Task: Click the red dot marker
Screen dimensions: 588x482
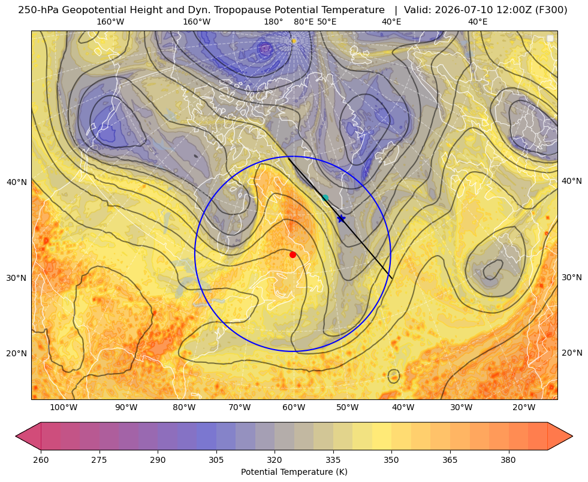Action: (x=293, y=255)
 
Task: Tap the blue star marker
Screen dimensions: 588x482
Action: (x=341, y=219)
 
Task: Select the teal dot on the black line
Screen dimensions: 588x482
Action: (x=325, y=198)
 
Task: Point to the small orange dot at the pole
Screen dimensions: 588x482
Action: (x=294, y=41)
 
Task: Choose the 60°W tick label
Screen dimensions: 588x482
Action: (x=293, y=408)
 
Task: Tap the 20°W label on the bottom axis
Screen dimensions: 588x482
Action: (x=524, y=408)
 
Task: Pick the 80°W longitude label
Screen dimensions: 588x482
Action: (x=184, y=408)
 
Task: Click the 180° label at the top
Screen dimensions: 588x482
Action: (x=273, y=22)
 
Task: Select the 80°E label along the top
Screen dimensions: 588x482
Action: (x=304, y=22)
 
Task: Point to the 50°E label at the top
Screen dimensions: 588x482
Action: (x=327, y=22)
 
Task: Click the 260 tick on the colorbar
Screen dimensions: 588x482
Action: (x=41, y=460)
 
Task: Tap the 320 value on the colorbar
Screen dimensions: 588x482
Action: (x=275, y=460)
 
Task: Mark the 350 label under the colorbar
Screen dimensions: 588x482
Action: (x=391, y=460)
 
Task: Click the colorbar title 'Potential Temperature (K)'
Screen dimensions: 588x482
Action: (x=294, y=472)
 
